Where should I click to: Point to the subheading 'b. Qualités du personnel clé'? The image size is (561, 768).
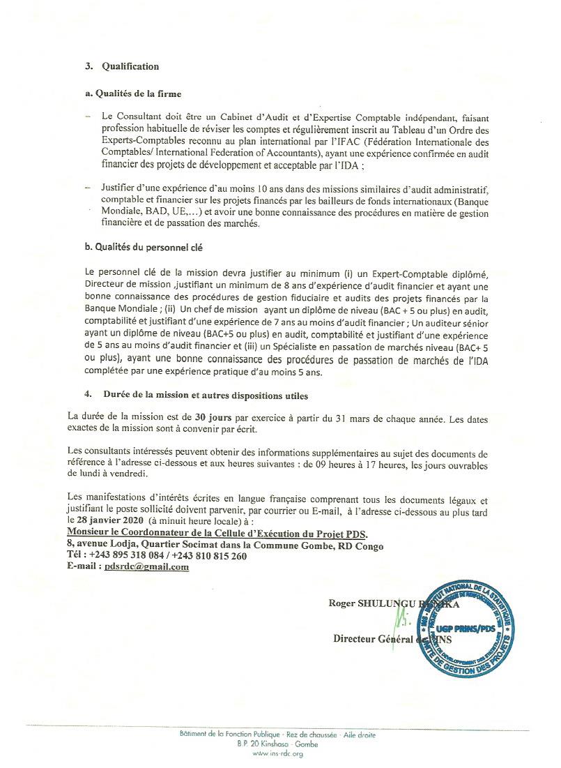click(139, 248)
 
